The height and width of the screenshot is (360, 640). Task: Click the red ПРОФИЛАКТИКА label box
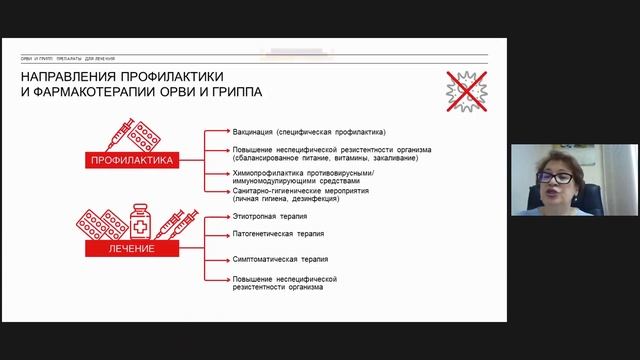pyautogui.click(x=134, y=159)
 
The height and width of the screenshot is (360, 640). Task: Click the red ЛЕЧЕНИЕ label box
pyautogui.click(x=132, y=248)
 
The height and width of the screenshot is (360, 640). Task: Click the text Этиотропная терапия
pyautogui.click(x=268, y=216)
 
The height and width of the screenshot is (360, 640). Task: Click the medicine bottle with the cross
pyautogui.click(x=142, y=220)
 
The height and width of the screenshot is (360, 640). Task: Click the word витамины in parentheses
pyautogui.click(x=350, y=158)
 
